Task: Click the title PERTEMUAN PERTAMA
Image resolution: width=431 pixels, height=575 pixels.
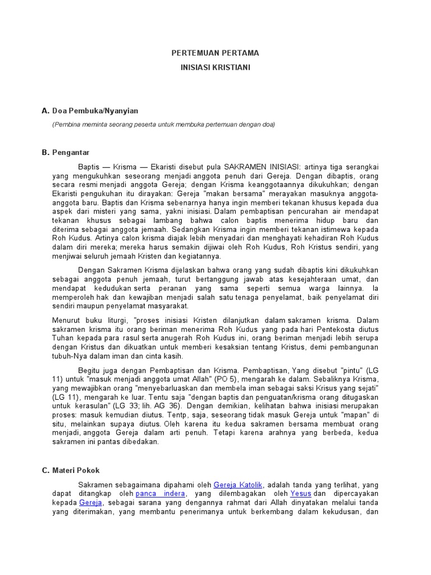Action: tap(215, 53)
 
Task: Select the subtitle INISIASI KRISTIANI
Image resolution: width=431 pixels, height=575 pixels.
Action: tap(215, 67)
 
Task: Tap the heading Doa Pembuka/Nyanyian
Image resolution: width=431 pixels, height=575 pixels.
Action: tap(95, 111)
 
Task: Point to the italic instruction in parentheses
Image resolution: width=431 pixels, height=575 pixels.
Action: tap(163, 125)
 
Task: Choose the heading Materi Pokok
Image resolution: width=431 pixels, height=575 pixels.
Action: tap(76, 470)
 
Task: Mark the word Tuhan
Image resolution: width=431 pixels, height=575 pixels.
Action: tap(64, 338)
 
